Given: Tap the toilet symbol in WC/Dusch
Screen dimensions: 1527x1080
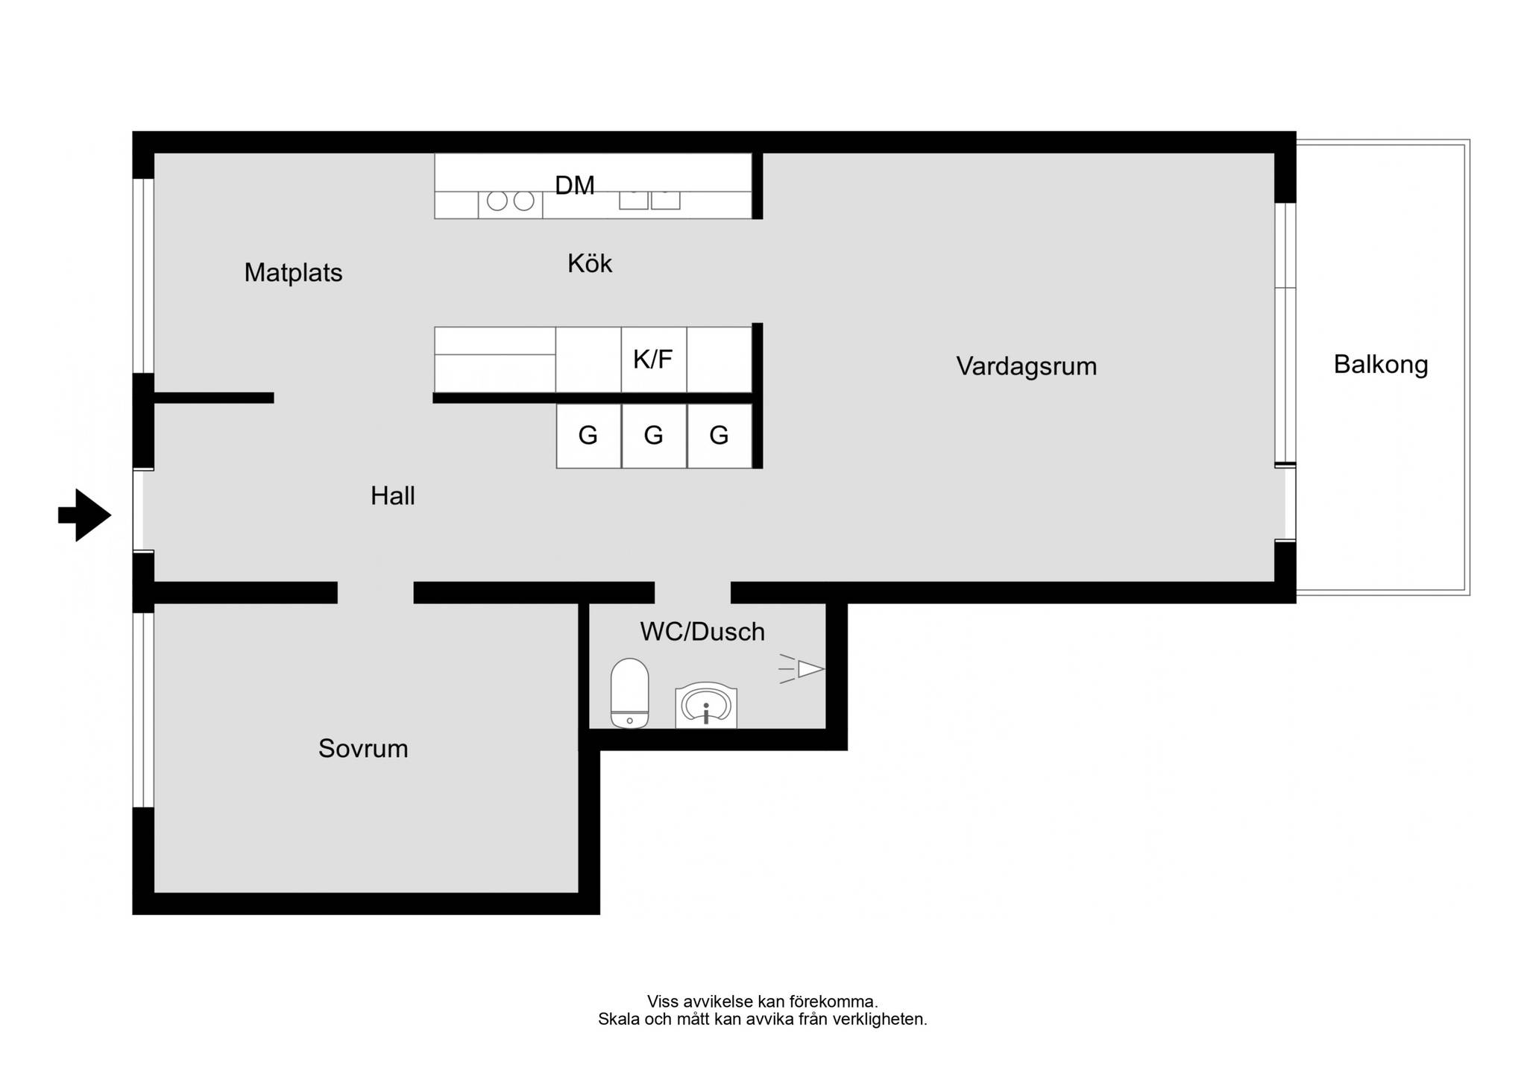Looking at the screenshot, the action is pos(629,693).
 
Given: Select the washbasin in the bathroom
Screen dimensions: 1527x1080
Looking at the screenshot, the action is pos(706,706).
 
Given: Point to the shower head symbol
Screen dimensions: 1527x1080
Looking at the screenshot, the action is pos(802,669).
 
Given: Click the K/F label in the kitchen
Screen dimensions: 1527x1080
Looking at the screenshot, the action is pos(653,360).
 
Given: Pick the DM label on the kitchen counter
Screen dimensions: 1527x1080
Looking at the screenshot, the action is pos(575,185).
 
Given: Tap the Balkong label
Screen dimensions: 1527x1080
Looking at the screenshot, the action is pos(1381,365).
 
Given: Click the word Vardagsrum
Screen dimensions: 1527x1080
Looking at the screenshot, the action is pos(1027,366).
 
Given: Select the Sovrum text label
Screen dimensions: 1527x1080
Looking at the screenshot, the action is pos(363,748).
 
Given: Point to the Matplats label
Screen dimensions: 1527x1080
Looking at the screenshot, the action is pos(293,273).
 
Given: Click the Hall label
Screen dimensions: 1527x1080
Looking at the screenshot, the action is pos(393,496).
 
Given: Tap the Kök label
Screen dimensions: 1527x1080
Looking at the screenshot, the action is pos(590,263).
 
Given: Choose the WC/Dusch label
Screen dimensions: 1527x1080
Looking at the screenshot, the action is pos(702,632).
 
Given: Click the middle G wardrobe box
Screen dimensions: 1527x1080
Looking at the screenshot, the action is pos(654,436).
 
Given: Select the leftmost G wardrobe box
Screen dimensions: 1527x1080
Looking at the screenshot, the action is pos(588,436).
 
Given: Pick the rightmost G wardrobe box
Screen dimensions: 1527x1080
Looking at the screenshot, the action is pos(720,436).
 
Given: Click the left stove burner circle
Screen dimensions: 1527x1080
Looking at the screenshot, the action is pos(497,201).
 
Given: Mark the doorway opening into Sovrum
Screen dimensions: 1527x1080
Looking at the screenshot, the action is pos(376,592).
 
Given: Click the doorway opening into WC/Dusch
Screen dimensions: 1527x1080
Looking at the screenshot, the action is pos(693,592).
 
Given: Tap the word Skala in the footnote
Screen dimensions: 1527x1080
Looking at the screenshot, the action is pos(618,1019).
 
